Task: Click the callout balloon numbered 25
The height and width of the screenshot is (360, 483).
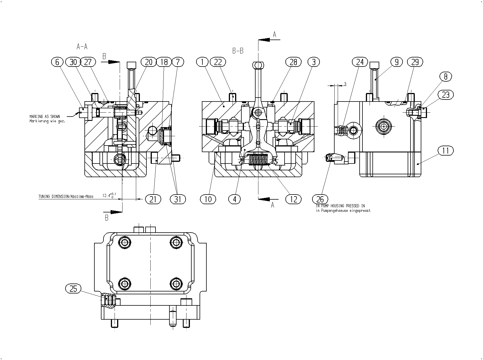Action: coord(73,289)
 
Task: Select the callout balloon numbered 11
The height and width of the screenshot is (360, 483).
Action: coord(445,150)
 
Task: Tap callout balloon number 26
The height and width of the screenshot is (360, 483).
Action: coord(320,199)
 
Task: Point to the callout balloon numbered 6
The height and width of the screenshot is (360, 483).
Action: coord(57,62)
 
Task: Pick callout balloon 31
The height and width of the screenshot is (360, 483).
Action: coord(178,199)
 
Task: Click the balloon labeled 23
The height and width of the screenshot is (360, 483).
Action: coord(445,95)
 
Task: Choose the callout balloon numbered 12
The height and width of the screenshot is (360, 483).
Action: coord(293,199)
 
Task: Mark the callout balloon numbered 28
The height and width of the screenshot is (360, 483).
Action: coord(293,62)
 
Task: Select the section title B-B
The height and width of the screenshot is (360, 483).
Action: coord(238,51)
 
